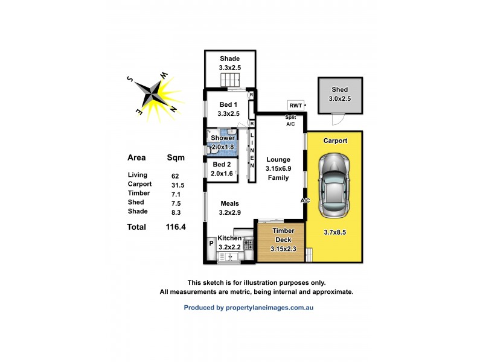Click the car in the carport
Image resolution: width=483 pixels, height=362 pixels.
[x=334, y=185]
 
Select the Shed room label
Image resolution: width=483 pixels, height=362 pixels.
[x=340, y=89]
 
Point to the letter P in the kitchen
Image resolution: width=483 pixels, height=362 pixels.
[x=211, y=244]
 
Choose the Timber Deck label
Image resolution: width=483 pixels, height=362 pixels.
[x=283, y=235]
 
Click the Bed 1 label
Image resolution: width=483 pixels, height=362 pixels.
[x=229, y=104]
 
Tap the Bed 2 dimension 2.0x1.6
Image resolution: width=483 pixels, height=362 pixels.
[x=222, y=173]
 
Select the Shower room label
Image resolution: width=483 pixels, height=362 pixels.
[x=223, y=138]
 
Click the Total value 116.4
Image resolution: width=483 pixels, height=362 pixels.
[x=177, y=227]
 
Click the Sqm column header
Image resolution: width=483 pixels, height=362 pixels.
[x=176, y=157]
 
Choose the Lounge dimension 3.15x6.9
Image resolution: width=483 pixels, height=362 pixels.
[x=278, y=168]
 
